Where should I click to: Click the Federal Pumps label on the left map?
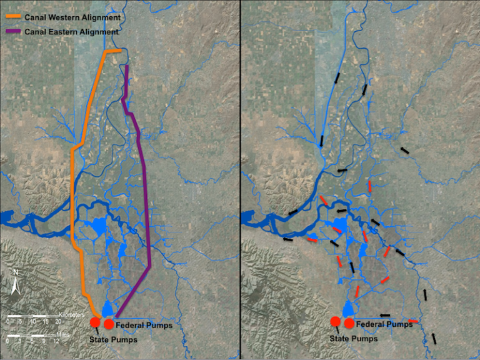pos(142,324)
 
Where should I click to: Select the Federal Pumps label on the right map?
pos(382,324)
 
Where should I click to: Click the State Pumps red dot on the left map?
pos(95,322)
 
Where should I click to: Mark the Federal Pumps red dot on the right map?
pos(349,323)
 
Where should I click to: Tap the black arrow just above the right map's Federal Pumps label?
pos(385,316)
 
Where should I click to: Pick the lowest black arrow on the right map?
pos(434,339)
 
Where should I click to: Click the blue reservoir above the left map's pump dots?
pos(107,309)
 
